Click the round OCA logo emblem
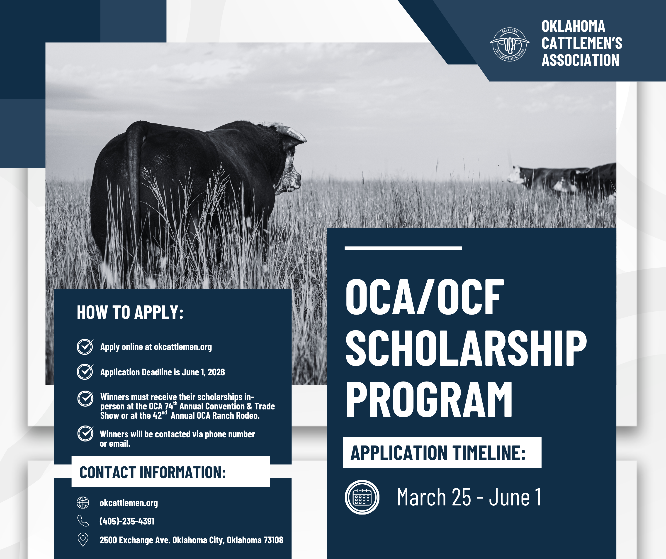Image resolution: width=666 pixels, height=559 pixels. pyautogui.click(x=509, y=44)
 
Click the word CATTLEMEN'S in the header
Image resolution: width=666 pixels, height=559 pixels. pyautogui.click(x=582, y=43)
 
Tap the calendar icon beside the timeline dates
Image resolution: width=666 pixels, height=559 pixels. pyautogui.click(x=362, y=497)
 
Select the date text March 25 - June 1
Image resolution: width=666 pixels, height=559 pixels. pyautogui.click(x=469, y=497)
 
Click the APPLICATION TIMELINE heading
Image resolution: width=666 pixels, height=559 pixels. pyautogui.click(x=438, y=453)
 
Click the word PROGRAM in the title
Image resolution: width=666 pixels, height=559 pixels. pyautogui.click(x=429, y=399)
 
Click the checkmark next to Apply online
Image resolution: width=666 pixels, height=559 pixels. pyautogui.click(x=85, y=347)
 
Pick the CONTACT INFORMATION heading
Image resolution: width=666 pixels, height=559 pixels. pyautogui.click(x=153, y=472)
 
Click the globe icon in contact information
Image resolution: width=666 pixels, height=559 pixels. pyautogui.click(x=83, y=503)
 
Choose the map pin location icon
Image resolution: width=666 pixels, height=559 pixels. pyautogui.click(x=83, y=540)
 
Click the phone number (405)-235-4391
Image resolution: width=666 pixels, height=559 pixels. pyautogui.click(x=127, y=521)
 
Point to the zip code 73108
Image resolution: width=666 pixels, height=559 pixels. pyautogui.click(x=273, y=540)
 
